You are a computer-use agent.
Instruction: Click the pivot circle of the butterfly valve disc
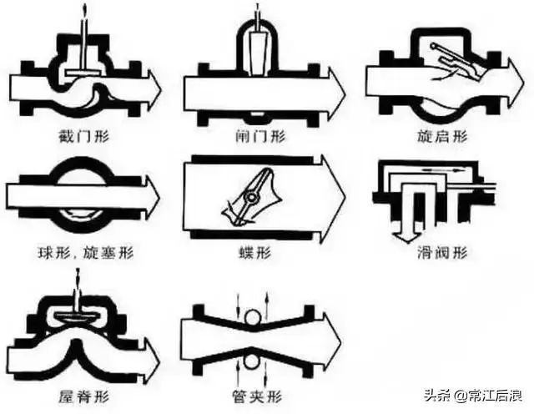point(249,197)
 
